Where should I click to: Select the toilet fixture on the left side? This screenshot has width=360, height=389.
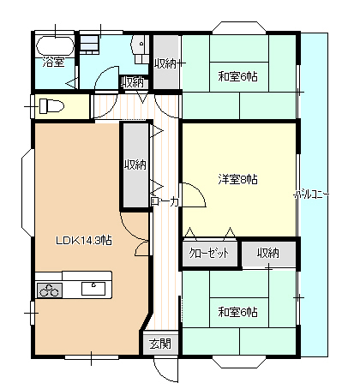[x=50, y=107]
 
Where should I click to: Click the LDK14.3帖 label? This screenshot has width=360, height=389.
[x=84, y=241]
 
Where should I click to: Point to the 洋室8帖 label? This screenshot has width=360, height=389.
[x=237, y=179]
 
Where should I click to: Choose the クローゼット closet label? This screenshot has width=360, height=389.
[x=209, y=254]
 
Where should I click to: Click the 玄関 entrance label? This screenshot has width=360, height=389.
[x=159, y=344]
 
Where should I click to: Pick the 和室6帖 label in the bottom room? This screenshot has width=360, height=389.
[x=237, y=311]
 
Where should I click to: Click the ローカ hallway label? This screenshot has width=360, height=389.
[x=165, y=202]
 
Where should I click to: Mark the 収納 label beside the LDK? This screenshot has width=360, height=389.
[x=135, y=165]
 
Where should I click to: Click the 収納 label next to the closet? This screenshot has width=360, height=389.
[x=267, y=254]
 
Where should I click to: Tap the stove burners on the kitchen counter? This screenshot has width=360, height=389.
[x=50, y=289]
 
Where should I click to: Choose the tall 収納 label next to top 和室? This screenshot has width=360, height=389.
[x=165, y=63]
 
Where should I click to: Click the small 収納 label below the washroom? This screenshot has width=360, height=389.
[x=132, y=82]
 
